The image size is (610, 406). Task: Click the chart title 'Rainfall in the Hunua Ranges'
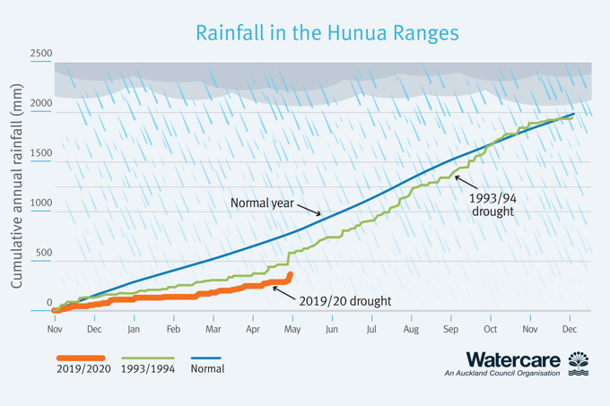(x=327, y=33)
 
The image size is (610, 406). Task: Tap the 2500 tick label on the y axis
(x=40, y=55)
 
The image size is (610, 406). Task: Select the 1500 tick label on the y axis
(x=40, y=154)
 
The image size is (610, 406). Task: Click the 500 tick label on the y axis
(x=43, y=254)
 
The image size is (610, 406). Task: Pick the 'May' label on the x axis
(x=292, y=329)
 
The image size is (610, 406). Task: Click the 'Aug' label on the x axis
(x=411, y=329)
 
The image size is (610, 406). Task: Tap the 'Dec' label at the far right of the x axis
(x=569, y=329)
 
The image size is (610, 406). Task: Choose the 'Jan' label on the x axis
(x=133, y=329)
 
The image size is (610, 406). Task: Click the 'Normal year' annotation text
(x=263, y=203)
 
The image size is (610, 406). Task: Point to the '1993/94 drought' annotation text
(x=492, y=203)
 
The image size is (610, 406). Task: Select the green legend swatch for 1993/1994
(x=147, y=358)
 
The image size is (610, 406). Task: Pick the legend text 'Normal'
(x=208, y=368)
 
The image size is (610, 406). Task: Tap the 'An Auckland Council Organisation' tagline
(x=501, y=374)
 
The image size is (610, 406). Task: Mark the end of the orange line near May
(x=290, y=274)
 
